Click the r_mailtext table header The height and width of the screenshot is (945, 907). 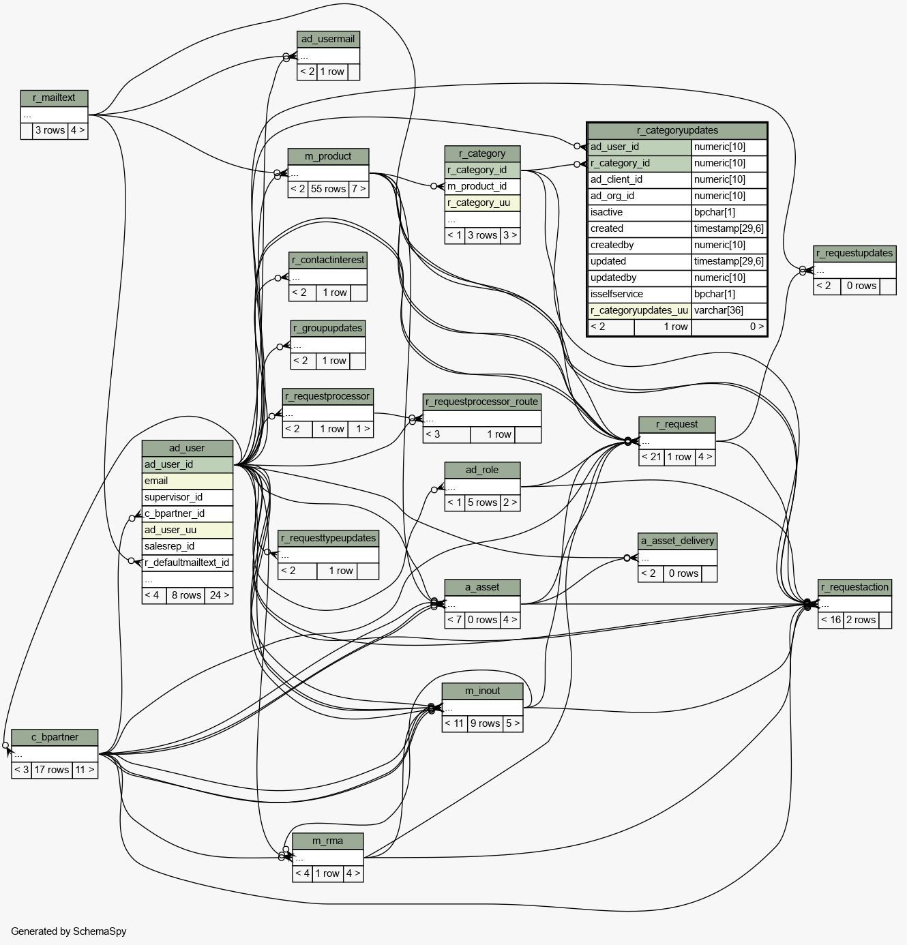54,98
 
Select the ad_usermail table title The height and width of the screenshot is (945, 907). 328,40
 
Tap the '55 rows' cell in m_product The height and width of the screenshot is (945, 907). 328,189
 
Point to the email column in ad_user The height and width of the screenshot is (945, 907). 187,481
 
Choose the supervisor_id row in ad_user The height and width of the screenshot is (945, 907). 187,497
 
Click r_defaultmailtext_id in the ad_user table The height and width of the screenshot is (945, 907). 187,562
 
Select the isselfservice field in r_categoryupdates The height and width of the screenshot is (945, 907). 639,295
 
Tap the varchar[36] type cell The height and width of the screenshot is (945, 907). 729,311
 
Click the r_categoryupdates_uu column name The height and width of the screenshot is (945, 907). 639,311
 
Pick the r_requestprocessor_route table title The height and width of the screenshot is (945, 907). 481,402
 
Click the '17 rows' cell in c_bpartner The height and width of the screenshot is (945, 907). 52,770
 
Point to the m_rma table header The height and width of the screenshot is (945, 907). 327,841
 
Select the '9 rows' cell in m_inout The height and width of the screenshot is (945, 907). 485,723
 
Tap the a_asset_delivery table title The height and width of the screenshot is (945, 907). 677,541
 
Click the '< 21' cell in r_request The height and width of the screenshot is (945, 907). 651,457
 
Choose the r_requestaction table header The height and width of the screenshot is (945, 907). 854,588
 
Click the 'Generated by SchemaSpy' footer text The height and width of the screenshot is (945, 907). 68,931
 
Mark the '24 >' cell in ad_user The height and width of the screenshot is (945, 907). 219,595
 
